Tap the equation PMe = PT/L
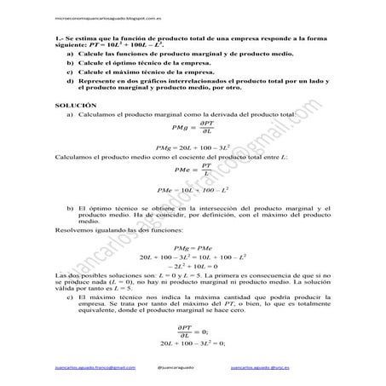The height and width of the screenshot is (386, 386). pyautogui.click(x=192, y=169)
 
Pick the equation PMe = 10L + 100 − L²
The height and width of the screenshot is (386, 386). pyautogui.click(x=192, y=189)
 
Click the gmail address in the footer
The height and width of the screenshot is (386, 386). pyautogui.click(x=94, y=367)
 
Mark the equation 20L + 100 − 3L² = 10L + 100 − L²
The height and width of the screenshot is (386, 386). pyautogui.click(x=192, y=256)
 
